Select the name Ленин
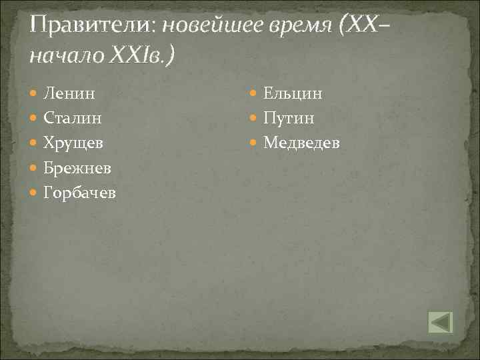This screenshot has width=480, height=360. (x=69, y=94)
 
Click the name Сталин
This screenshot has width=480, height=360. (x=73, y=119)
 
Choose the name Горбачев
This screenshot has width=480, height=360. (x=79, y=193)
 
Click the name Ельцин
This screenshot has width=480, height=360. (x=293, y=94)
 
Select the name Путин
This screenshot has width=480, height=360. (x=289, y=119)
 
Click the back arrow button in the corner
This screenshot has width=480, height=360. (x=440, y=322)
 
